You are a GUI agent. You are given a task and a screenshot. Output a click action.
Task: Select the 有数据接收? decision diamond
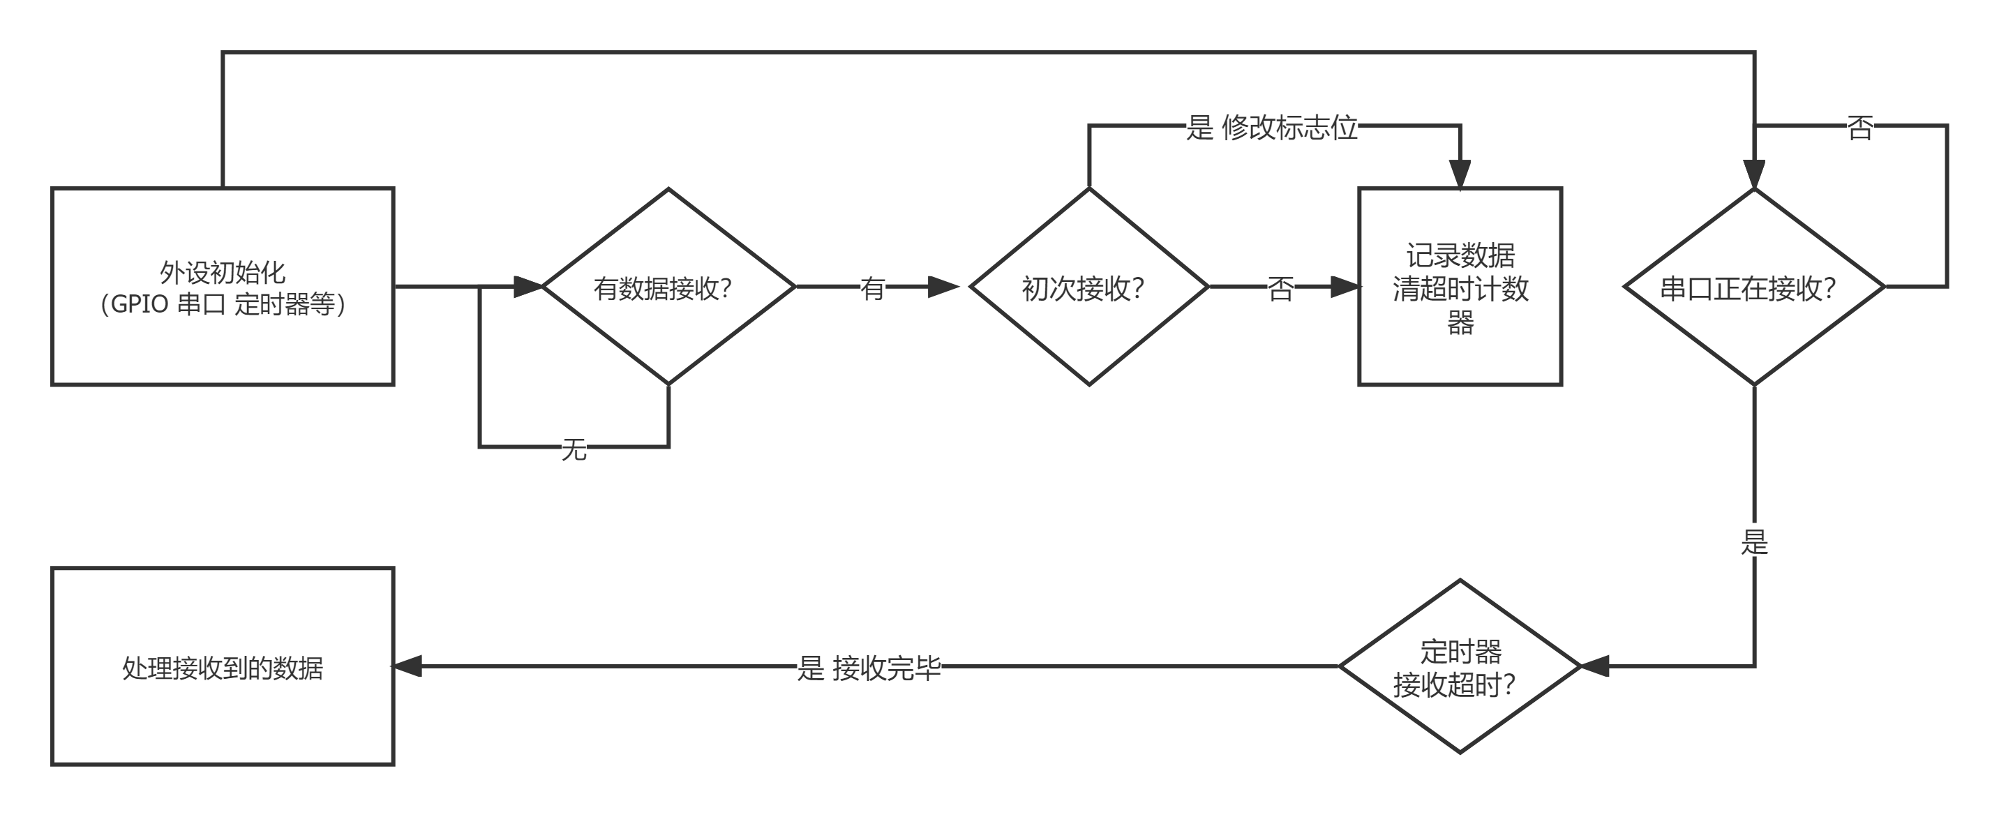point(668,287)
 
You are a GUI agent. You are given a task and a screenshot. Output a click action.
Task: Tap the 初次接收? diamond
point(1088,287)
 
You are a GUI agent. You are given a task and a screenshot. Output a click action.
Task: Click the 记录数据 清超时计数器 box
point(1460,287)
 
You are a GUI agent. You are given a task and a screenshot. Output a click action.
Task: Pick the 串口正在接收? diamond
point(1754,287)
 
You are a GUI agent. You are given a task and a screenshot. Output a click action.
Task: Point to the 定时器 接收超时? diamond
point(1460,666)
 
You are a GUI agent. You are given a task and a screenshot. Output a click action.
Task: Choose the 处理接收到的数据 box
point(223,666)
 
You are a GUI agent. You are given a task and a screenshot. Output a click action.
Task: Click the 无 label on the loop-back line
point(574,448)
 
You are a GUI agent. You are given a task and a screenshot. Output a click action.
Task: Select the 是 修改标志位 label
point(1272,126)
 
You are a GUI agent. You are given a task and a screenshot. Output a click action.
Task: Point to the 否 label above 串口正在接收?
point(1860,126)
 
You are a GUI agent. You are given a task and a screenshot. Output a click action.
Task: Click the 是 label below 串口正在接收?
point(1755,540)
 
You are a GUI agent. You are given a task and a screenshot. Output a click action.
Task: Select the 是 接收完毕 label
point(869,666)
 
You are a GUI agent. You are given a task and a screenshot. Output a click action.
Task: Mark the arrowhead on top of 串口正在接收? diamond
point(1754,174)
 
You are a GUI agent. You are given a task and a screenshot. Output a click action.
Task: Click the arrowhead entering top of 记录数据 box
point(1460,174)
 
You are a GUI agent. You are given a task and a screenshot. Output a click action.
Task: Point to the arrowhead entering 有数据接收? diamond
point(530,287)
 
